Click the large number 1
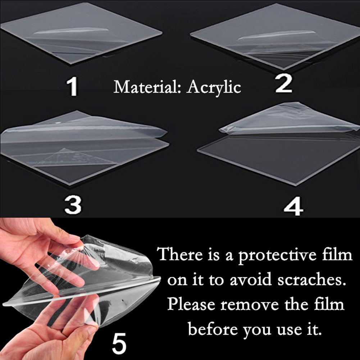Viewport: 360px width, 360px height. pyautogui.click(x=73, y=87)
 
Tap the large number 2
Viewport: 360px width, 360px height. pyautogui.click(x=284, y=83)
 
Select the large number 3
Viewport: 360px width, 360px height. pyautogui.click(x=73, y=205)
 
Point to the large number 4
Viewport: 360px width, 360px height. pyautogui.click(x=293, y=206)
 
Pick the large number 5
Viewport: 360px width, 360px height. pyautogui.click(x=119, y=343)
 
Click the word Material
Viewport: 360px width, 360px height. pyautogui.click(x=146, y=87)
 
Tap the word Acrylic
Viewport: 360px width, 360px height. pyautogui.click(x=214, y=88)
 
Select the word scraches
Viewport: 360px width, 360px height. pyautogui.click(x=311, y=280)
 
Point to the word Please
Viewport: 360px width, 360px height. pyautogui.click(x=191, y=305)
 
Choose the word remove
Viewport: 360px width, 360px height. pyautogui.click(x=250, y=306)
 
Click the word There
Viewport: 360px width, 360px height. pyautogui.click(x=180, y=254)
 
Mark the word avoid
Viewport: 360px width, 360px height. pyautogui.click(x=251, y=280)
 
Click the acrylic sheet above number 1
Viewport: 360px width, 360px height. pyautogui.click(x=81, y=34)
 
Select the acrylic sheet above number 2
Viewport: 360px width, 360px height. pyautogui.click(x=275, y=37)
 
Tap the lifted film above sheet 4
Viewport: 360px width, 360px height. pyautogui.click(x=289, y=119)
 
